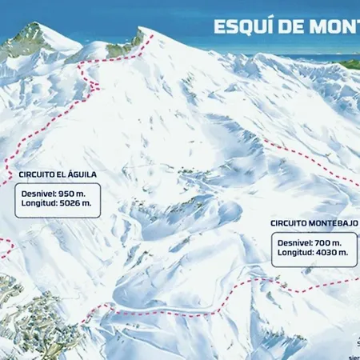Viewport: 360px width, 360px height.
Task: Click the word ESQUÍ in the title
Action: [241, 26]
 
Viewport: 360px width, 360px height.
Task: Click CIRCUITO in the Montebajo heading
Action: [288, 223]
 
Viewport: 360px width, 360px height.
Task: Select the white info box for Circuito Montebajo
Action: [312, 247]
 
